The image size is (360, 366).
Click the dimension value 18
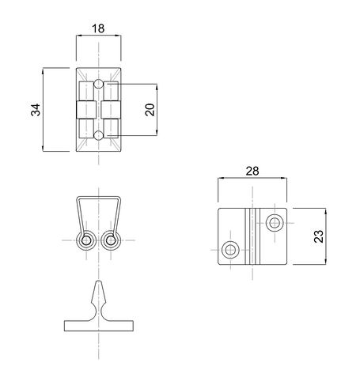(x=98, y=28)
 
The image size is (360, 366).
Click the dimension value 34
(x=36, y=110)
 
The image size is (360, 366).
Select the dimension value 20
(x=150, y=110)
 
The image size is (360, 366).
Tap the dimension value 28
(x=252, y=172)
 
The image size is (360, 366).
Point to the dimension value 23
(x=319, y=236)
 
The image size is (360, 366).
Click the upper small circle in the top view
(x=98, y=84)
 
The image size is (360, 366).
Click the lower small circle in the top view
(x=98, y=135)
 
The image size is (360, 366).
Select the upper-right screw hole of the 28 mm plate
(x=275, y=223)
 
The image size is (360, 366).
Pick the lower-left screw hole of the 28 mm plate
(x=230, y=250)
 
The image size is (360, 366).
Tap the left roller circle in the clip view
(x=85, y=240)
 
